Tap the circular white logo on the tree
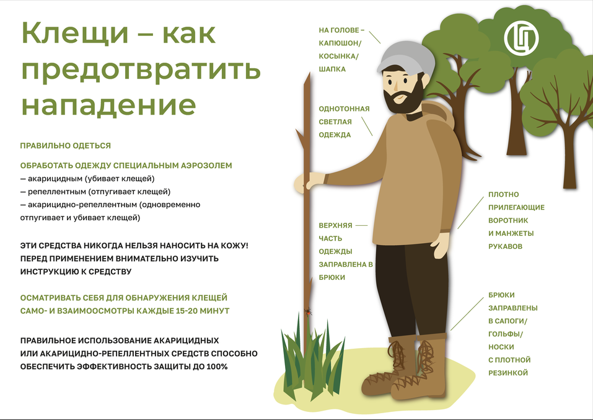521,38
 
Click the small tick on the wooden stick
307,311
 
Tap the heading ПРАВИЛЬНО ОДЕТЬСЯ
66,146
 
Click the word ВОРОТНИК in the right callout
511,220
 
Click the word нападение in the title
109,105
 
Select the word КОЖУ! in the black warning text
234,246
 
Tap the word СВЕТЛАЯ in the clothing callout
335,122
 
